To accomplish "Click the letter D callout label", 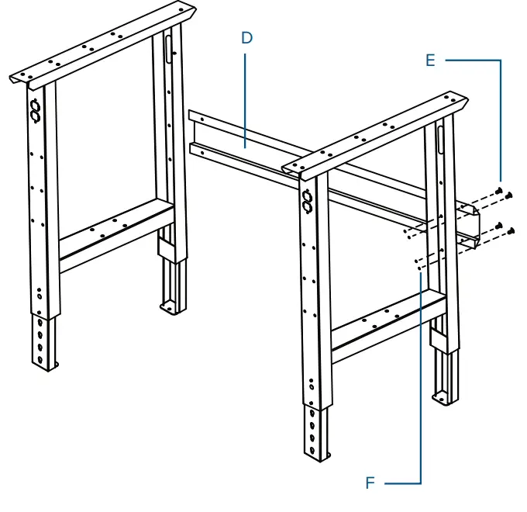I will point(246,37).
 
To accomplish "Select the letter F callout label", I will point(370,483).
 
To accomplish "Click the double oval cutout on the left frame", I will point(35,111).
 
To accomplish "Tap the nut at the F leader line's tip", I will point(418,268).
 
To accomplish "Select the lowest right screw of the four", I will point(512,230).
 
